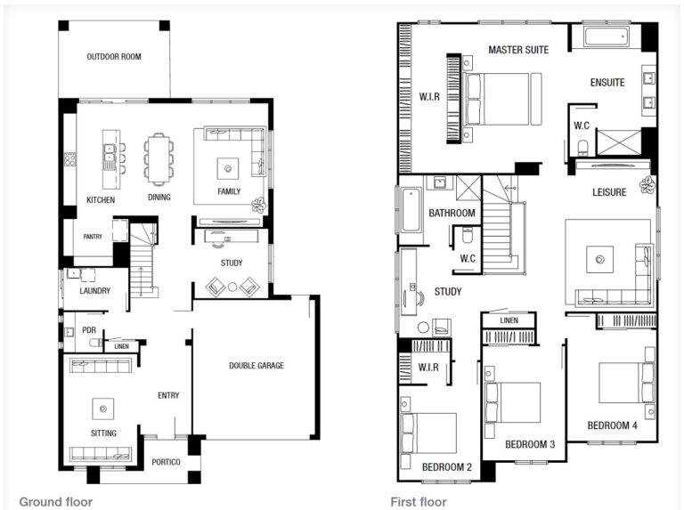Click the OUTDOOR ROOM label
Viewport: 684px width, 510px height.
[x=114, y=57]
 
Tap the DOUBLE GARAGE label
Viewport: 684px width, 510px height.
[x=256, y=365]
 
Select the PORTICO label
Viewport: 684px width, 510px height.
[x=167, y=462]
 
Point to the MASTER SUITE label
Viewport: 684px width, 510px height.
[x=518, y=50]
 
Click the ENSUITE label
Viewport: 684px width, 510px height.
[x=607, y=83]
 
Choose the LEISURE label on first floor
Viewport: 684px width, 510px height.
[x=610, y=192]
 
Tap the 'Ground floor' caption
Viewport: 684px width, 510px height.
[x=55, y=502]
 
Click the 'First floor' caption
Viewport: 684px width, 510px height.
[x=419, y=502]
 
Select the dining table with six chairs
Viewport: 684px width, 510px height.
[x=159, y=159]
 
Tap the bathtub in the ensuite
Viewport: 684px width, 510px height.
[x=607, y=37]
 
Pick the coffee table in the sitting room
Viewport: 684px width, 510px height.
[x=102, y=409]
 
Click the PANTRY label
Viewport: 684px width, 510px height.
[x=93, y=237]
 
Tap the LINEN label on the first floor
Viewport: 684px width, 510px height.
[x=509, y=320]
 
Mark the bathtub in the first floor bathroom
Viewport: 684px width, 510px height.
[x=411, y=209]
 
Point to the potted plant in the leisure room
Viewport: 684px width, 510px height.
[x=646, y=186]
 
